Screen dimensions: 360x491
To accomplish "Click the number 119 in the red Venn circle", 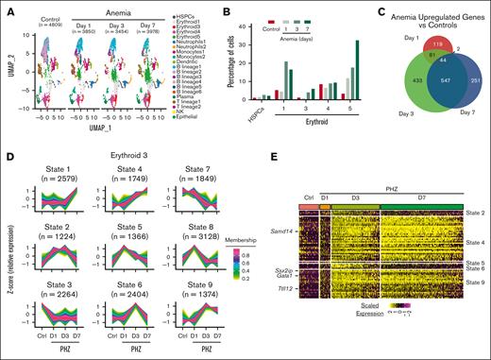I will click(x=443, y=43).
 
